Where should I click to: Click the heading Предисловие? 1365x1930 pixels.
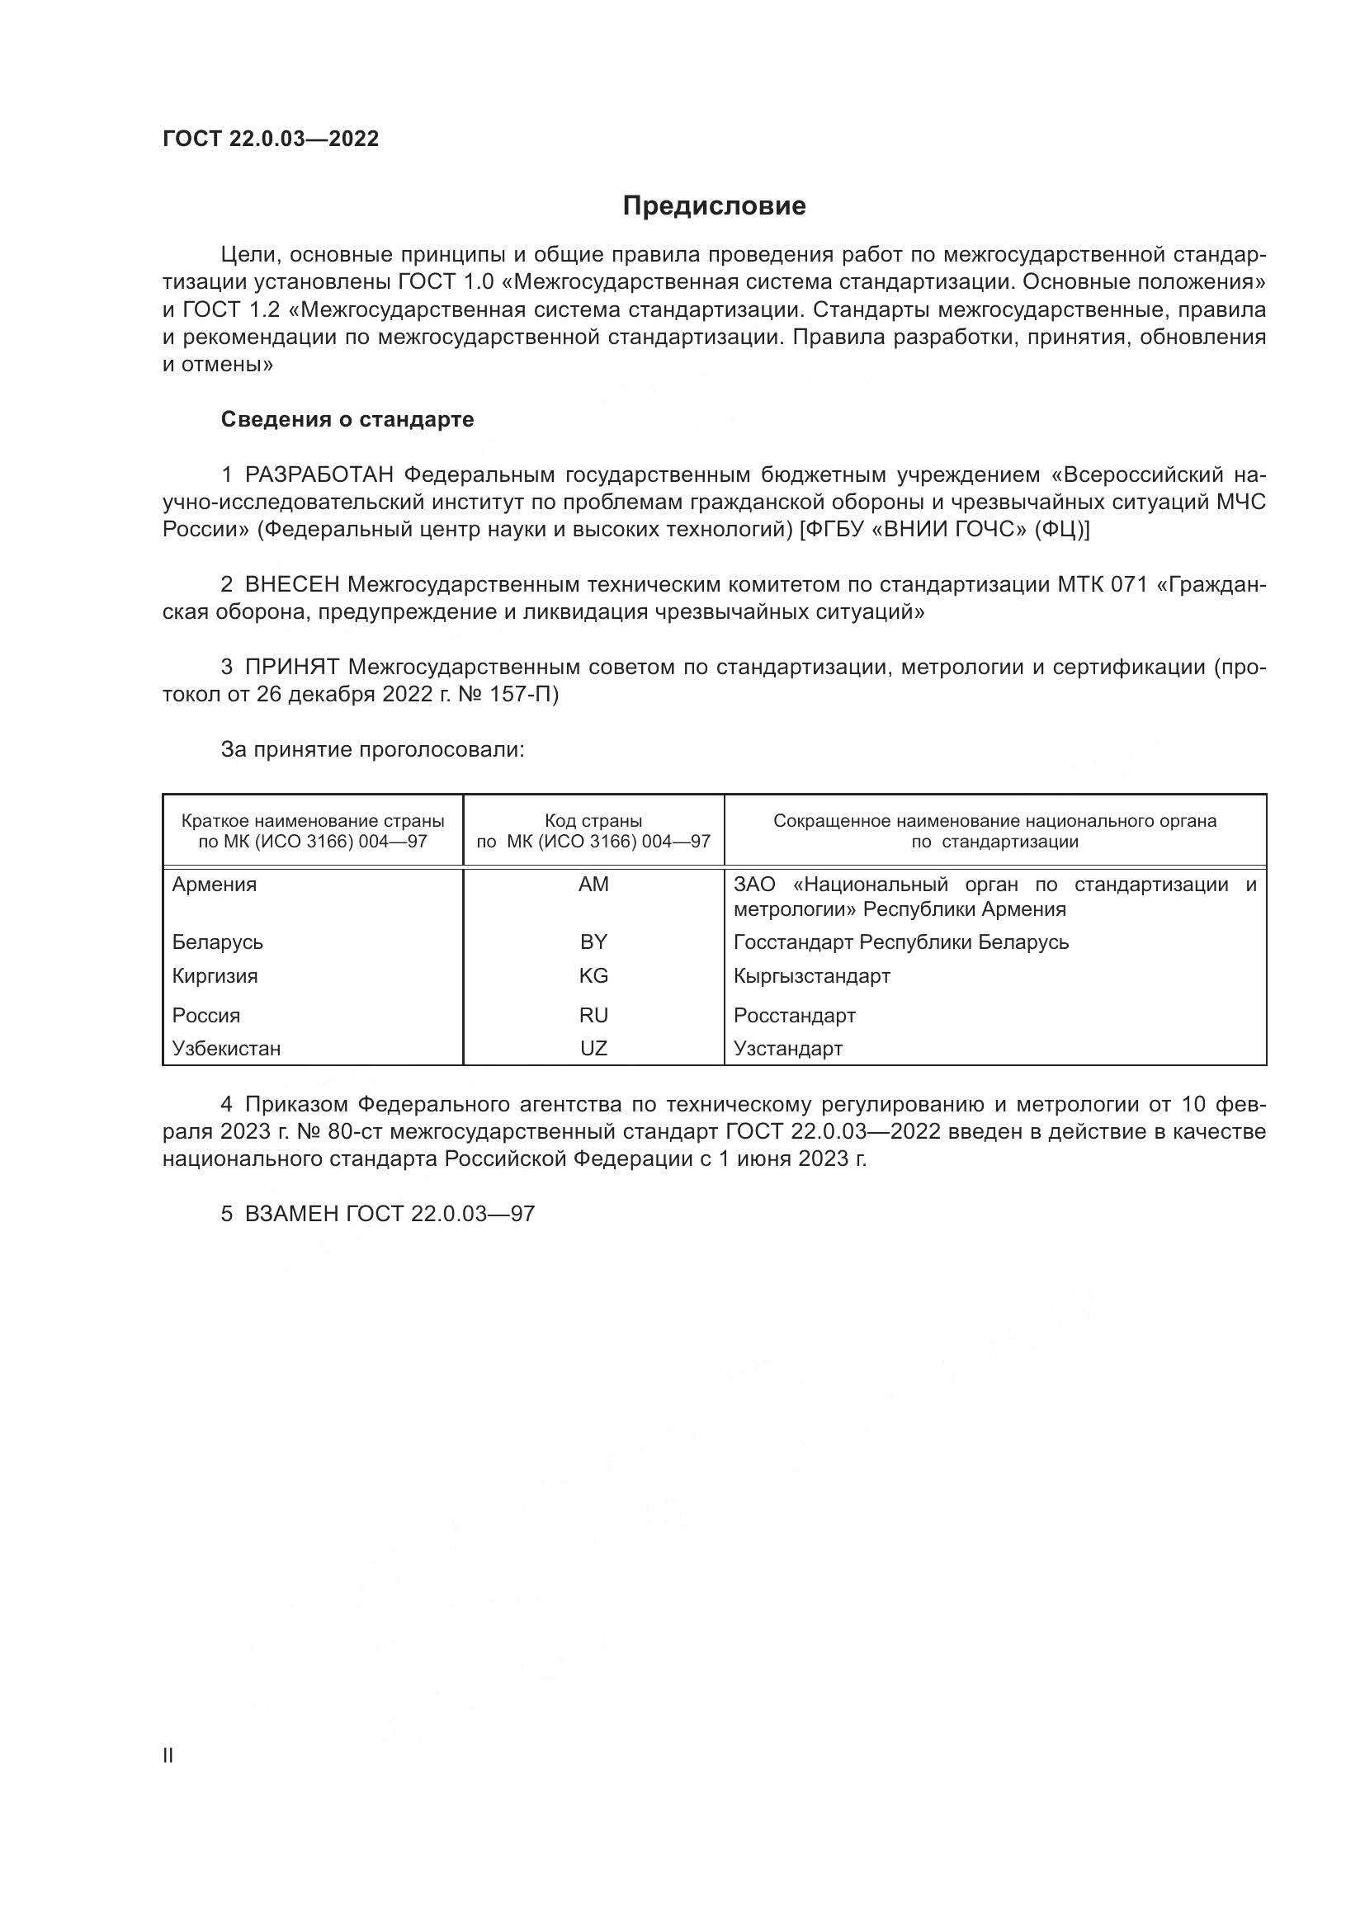[714, 206]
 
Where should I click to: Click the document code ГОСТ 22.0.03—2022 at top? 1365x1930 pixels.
[271, 139]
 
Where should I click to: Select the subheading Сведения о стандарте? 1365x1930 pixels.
[347, 418]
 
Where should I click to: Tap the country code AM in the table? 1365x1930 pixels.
[593, 885]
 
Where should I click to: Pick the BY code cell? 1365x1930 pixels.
[593, 942]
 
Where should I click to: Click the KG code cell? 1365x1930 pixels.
[593, 976]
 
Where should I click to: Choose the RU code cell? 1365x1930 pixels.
[593, 1016]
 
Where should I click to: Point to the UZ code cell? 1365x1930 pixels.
[593, 1048]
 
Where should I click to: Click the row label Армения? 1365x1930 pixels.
[215, 885]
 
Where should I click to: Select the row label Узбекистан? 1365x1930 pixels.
[226, 1048]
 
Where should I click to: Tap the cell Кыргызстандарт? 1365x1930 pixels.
[811, 976]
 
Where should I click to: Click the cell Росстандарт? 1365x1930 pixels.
[794, 1016]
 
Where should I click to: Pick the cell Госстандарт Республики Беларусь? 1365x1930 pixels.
[901, 942]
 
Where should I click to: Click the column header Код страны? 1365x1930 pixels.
[593, 820]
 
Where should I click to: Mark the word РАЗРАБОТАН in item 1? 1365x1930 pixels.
[319, 475]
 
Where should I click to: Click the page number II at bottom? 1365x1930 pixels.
[168, 1756]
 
